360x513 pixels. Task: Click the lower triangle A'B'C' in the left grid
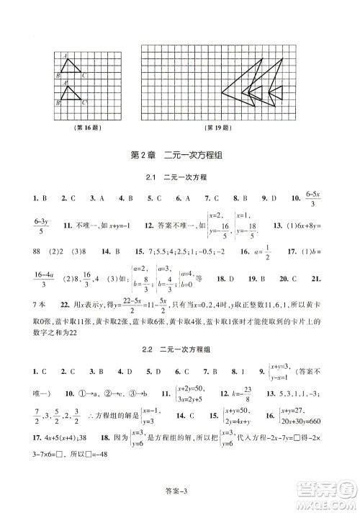pyautogui.click(x=71, y=94)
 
